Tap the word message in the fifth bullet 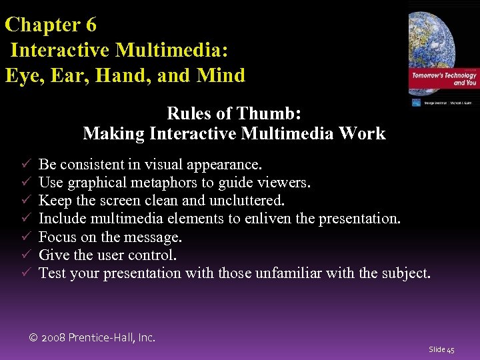coord(155,237)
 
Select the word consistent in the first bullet coord(90,164)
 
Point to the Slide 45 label coord(441,349)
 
